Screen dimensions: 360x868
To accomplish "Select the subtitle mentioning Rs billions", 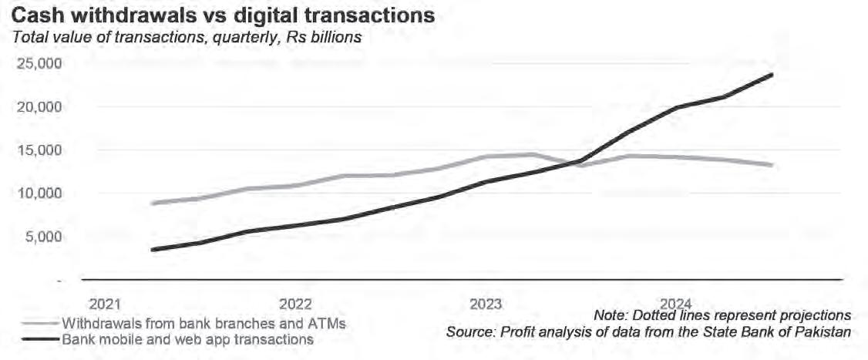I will [x=186, y=36].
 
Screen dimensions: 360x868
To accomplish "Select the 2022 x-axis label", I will [x=295, y=302].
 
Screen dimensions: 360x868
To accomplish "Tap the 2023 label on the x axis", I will [x=486, y=302].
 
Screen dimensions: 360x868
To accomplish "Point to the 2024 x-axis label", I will [x=676, y=302].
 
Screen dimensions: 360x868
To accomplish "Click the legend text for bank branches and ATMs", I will [x=204, y=323].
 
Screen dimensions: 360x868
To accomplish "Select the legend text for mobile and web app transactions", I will [x=187, y=338].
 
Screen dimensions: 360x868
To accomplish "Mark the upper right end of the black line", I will [x=772, y=75].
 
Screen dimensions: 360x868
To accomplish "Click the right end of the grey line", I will [x=772, y=165].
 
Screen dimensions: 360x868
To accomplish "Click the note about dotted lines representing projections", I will [x=722, y=316].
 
